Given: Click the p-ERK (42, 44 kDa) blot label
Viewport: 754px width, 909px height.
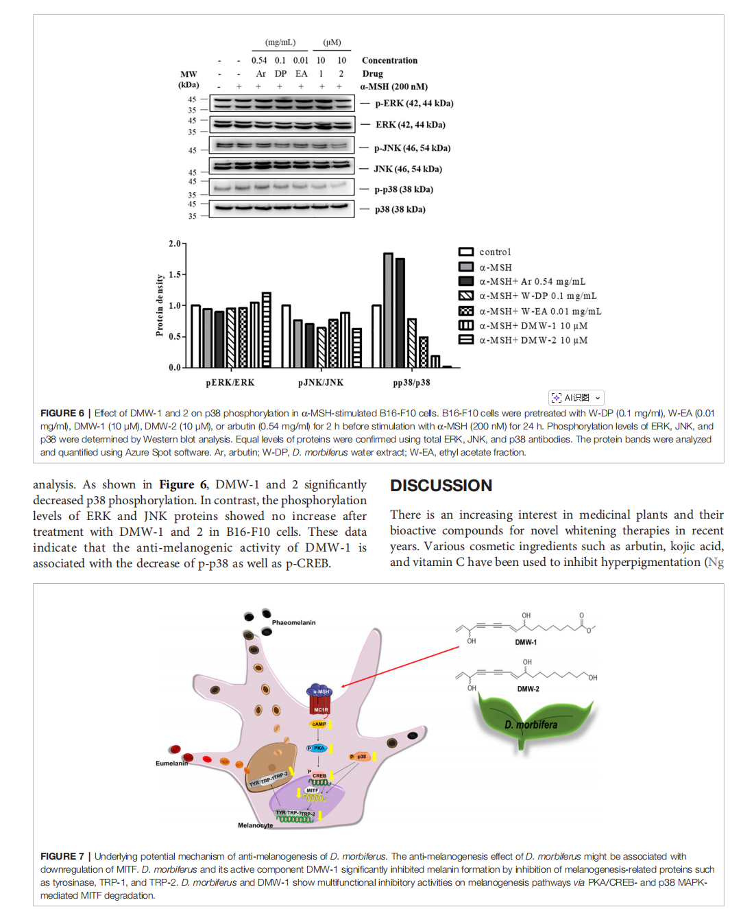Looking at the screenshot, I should (414, 104).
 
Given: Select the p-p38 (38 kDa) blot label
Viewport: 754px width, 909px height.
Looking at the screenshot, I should (404, 189).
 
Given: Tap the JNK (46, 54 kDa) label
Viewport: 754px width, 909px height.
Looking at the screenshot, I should (408, 169).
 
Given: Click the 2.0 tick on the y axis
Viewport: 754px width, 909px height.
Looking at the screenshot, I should (175, 244).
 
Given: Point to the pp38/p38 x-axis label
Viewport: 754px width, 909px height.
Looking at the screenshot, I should (411, 383).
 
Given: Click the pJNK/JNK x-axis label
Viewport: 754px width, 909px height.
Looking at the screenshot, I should (321, 383).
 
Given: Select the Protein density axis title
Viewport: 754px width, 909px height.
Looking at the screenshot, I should (160, 305).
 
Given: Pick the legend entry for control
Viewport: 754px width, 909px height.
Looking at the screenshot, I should (495, 252).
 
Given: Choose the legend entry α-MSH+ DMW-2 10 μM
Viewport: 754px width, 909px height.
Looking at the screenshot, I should (533, 340).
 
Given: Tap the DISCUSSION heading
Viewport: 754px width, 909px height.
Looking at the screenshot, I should (441, 486).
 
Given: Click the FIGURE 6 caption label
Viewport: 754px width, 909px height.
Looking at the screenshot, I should (62, 413).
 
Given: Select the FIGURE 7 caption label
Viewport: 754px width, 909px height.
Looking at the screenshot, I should (62, 856).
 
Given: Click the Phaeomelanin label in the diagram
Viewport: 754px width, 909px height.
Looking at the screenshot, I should (293, 623).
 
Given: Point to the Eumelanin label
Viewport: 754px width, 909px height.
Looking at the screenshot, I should (171, 763).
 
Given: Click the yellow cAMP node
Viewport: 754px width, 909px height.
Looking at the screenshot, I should (319, 724).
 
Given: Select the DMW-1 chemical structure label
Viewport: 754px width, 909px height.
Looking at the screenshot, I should (526, 642).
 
